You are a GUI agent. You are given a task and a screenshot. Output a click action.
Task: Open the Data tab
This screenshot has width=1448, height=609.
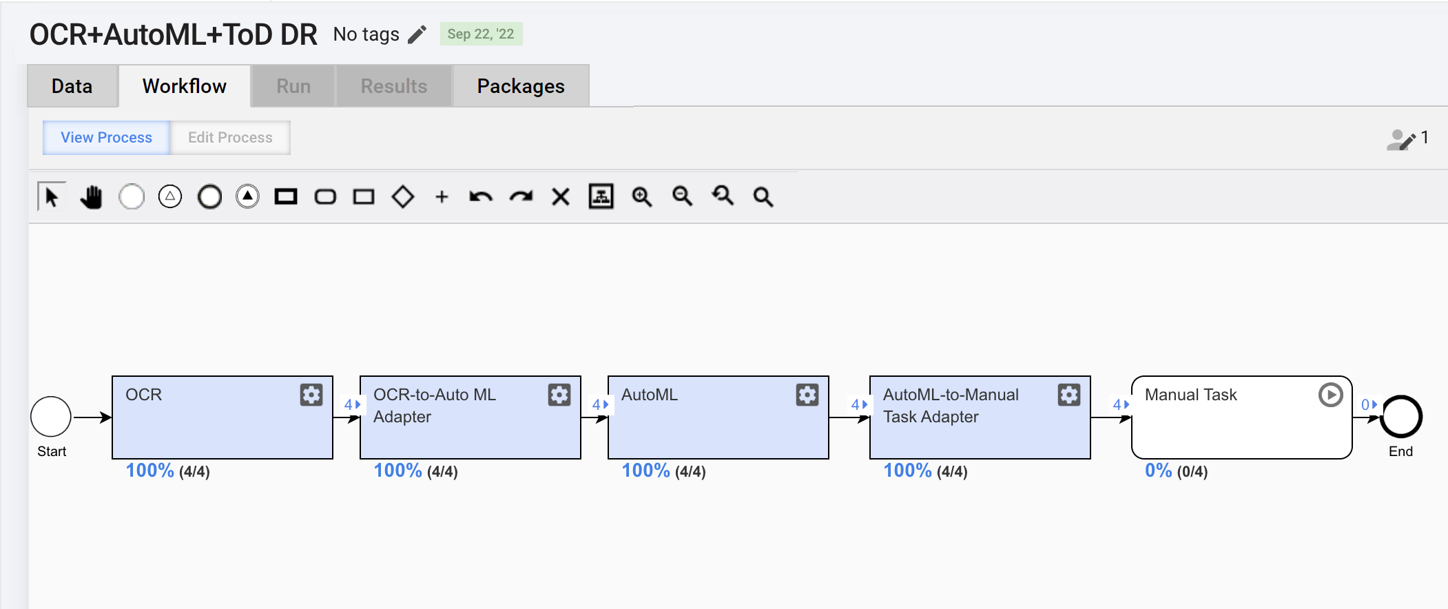pos(72,86)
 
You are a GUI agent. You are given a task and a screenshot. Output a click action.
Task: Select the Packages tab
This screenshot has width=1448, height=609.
pos(521,86)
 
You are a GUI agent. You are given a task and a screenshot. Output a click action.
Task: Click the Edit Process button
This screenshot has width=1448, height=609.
pos(230,138)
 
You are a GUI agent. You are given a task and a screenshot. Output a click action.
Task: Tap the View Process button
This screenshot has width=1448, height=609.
pos(107,138)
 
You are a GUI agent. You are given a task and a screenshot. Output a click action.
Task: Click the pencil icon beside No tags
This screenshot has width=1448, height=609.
pos(417,34)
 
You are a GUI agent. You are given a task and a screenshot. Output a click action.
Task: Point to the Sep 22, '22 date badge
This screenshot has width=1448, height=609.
pos(481,34)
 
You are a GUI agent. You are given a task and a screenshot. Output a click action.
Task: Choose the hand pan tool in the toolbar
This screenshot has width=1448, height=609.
pos(91,197)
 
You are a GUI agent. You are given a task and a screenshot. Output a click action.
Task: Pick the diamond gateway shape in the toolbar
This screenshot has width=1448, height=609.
pos(403,197)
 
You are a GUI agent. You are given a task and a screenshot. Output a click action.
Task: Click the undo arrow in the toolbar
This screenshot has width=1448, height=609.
pos(481,197)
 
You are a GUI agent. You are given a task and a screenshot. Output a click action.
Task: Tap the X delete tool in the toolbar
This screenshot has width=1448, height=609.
pos(561,197)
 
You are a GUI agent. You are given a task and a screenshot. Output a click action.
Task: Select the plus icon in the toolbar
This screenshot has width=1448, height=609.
pos(442,197)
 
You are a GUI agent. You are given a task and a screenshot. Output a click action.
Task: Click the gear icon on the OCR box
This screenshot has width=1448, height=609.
pos(311,395)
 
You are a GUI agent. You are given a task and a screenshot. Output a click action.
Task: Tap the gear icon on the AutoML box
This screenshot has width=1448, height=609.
pos(807,395)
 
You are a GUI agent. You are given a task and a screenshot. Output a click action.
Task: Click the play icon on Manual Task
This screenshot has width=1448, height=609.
pos(1331,395)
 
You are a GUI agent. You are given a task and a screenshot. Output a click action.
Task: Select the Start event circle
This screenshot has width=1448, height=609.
pos(51,417)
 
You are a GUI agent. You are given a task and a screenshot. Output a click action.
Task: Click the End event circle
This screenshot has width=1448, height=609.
pos(1401,417)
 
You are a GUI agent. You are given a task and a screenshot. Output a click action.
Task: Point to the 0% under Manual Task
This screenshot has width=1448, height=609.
pos(1159,471)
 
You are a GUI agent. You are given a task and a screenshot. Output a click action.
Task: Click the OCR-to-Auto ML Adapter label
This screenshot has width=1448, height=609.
pos(435,406)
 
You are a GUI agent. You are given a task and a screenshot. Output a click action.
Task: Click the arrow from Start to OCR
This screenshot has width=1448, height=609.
pos(92,417)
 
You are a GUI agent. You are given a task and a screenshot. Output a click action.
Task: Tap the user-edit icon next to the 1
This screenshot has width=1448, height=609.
pos(1401,140)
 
